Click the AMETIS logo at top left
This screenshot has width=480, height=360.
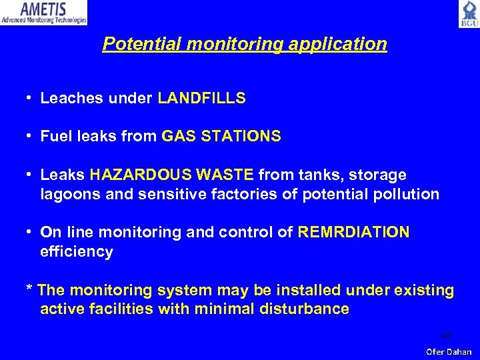(44, 13)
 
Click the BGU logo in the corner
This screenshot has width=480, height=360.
(468, 13)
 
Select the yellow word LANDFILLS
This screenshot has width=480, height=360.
(201, 99)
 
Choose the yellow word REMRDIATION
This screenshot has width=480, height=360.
(354, 233)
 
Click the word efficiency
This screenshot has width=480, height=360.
(77, 252)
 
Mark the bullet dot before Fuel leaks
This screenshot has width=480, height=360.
(30, 137)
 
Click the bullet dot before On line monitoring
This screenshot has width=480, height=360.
(30, 233)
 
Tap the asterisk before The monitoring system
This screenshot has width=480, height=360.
(29, 289)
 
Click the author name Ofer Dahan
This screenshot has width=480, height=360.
(449, 351)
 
